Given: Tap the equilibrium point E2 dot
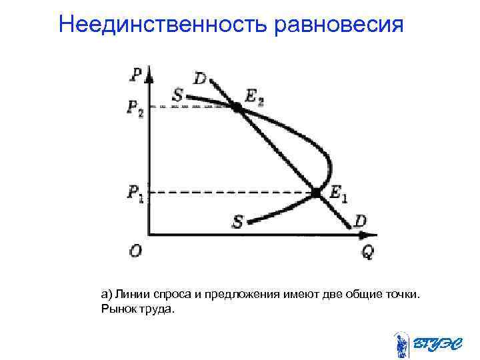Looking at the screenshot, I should (x=237, y=106).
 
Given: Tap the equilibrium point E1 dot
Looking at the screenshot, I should (x=316, y=193).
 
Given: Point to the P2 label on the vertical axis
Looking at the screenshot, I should (x=135, y=107).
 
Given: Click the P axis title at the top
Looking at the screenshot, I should (x=135, y=72).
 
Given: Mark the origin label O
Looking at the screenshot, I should (x=135, y=251).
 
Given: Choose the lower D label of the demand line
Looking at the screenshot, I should (x=361, y=220).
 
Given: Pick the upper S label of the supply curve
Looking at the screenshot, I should (x=177, y=95).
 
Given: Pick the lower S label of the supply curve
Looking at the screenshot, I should (x=237, y=221).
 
